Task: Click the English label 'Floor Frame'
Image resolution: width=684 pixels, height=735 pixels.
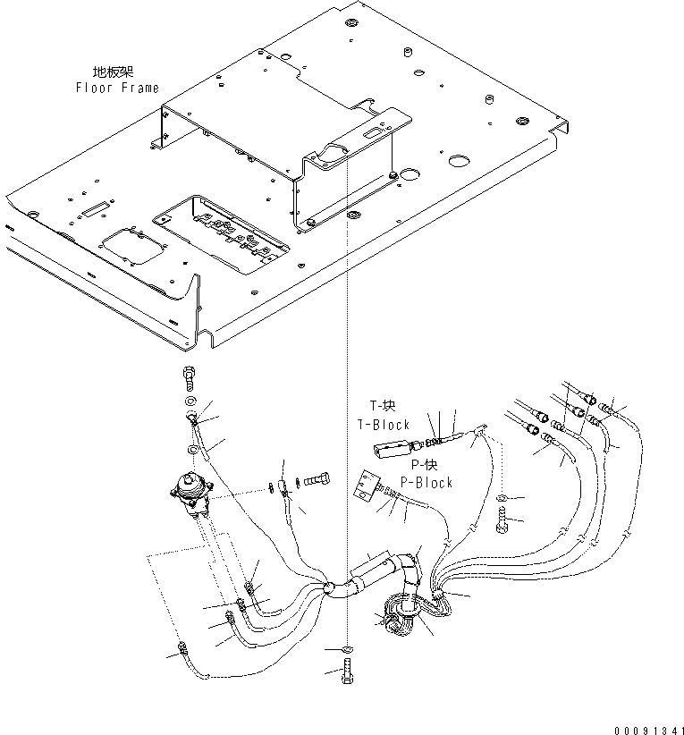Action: (x=117, y=88)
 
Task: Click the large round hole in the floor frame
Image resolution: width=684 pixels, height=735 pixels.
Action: (x=460, y=164)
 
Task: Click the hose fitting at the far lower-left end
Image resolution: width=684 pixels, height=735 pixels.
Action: (x=182, y=649)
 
